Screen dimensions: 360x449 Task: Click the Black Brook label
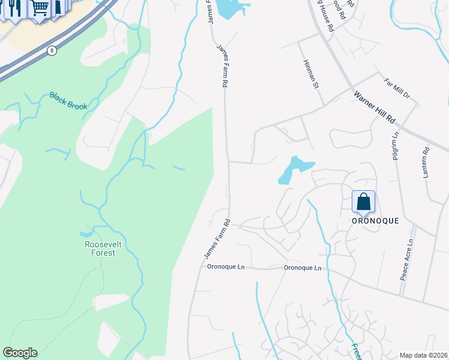coord(68,101)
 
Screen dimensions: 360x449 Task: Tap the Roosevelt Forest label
coord(99,248)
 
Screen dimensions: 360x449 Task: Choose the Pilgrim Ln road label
coord(395,146)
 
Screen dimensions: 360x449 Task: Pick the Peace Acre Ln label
coord(407,260)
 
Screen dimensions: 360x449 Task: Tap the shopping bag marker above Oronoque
coord(364,202)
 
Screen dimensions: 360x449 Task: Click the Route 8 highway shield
coord(52,50)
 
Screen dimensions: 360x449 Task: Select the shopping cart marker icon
coord(40,8)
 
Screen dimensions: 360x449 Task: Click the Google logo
coord(20,353)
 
